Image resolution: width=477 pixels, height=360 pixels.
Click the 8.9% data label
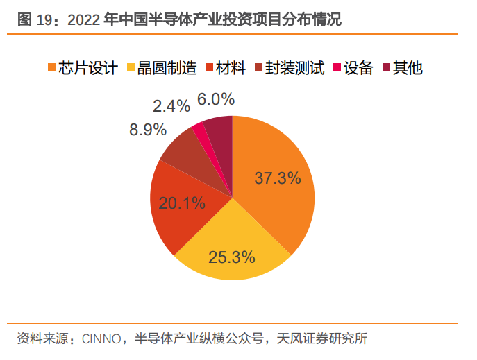[x=147, y=130]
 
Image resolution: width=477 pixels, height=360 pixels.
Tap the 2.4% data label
[x=171, y=106]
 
